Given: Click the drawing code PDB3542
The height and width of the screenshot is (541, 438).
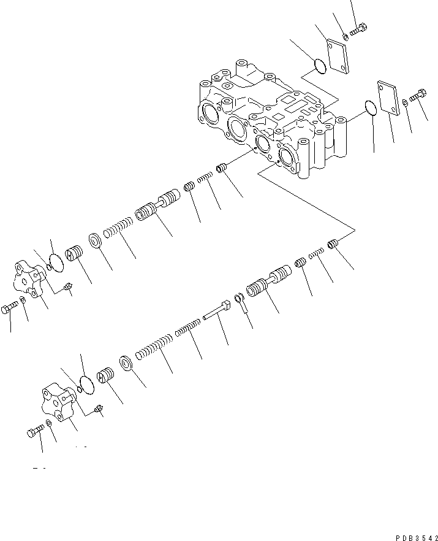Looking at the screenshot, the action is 417,537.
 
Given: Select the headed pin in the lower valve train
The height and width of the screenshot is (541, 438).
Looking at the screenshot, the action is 216,309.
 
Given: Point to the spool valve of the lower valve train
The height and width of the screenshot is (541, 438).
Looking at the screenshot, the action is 269,281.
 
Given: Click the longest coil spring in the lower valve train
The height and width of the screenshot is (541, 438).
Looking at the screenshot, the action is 154,347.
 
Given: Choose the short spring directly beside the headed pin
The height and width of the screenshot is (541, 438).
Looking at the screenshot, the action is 187,328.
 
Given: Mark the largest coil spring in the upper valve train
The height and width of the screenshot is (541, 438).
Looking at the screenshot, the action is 118,228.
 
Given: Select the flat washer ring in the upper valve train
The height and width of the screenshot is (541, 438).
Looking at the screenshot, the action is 95,240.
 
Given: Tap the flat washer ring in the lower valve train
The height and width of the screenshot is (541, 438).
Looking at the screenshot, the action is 126,363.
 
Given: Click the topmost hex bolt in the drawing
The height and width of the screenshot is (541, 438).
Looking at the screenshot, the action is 359,29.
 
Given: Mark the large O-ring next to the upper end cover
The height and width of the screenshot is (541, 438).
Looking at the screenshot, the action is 56,263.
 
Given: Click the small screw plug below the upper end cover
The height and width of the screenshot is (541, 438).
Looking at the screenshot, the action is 68,286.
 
